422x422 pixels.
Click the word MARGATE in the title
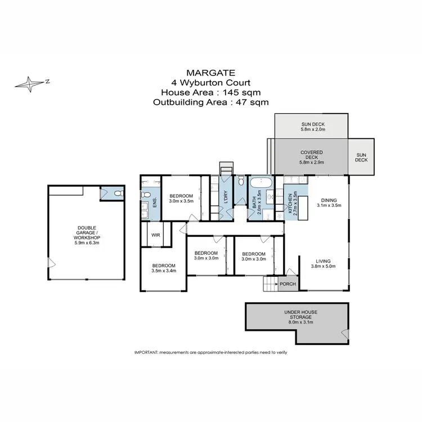click(x=210, y=73)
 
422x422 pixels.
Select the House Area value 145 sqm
click(x=240, y=92)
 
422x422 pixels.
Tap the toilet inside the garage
click(x=116, y=194)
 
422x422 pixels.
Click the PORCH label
click(x=287, y=284)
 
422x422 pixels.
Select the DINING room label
click(x=329, y=199)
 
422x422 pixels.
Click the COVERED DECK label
click(x=311, y=152)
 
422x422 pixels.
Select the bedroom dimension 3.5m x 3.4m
click(x=164, y=271)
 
